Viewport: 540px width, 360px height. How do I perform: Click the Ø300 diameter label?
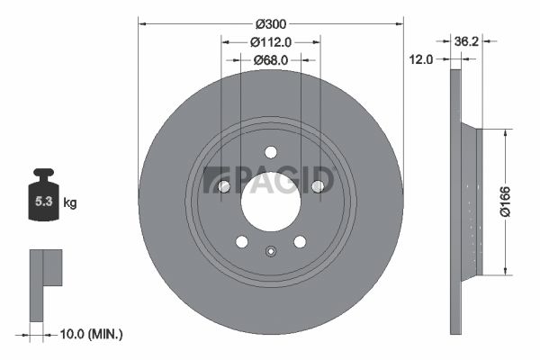(x=271, y=24)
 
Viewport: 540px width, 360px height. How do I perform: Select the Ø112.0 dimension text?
(x=271, y=42)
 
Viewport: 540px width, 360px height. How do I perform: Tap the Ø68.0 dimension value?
(x=271, y=60)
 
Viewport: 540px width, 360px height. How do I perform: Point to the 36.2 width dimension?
(x=466, y=41)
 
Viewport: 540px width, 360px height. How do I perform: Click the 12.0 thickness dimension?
(x=421, y=59)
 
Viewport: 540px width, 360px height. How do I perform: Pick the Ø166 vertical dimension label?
(x=505, y=202)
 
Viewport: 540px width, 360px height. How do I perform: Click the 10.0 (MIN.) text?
(x=91, y=334)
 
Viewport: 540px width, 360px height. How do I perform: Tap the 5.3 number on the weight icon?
(x=43, y=202)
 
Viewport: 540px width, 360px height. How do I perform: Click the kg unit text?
(x=70, y=202)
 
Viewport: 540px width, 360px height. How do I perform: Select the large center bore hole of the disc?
(x=271, y=202)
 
